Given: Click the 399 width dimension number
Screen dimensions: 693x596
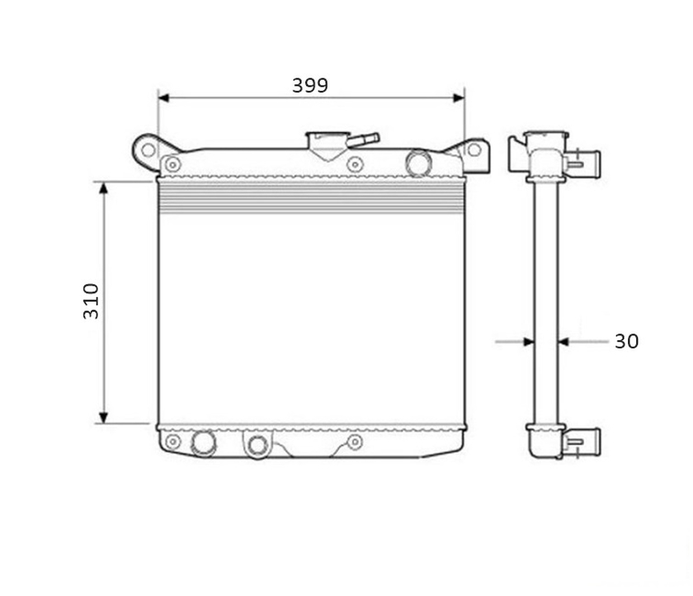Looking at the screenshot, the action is (x=310, y=85).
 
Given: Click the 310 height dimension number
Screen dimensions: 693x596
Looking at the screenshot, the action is (x=91, y=301).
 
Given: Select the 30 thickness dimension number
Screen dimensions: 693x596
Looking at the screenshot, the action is (x=626, y=341).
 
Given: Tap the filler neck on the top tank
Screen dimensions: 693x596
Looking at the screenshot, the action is (x=328, y=144).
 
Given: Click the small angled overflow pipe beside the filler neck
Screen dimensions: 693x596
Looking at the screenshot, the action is (x=363, y=140).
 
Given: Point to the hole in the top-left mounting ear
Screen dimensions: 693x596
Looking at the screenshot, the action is (x=148, y=150).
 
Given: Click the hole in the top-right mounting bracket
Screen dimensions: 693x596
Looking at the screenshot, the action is (x=474, y=149).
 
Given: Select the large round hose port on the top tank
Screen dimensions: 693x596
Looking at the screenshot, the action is (x=418, y=163).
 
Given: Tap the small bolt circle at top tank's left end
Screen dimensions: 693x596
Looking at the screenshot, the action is (x=172, y=165).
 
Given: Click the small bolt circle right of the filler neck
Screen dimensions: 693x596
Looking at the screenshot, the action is (x=355, y=164).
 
